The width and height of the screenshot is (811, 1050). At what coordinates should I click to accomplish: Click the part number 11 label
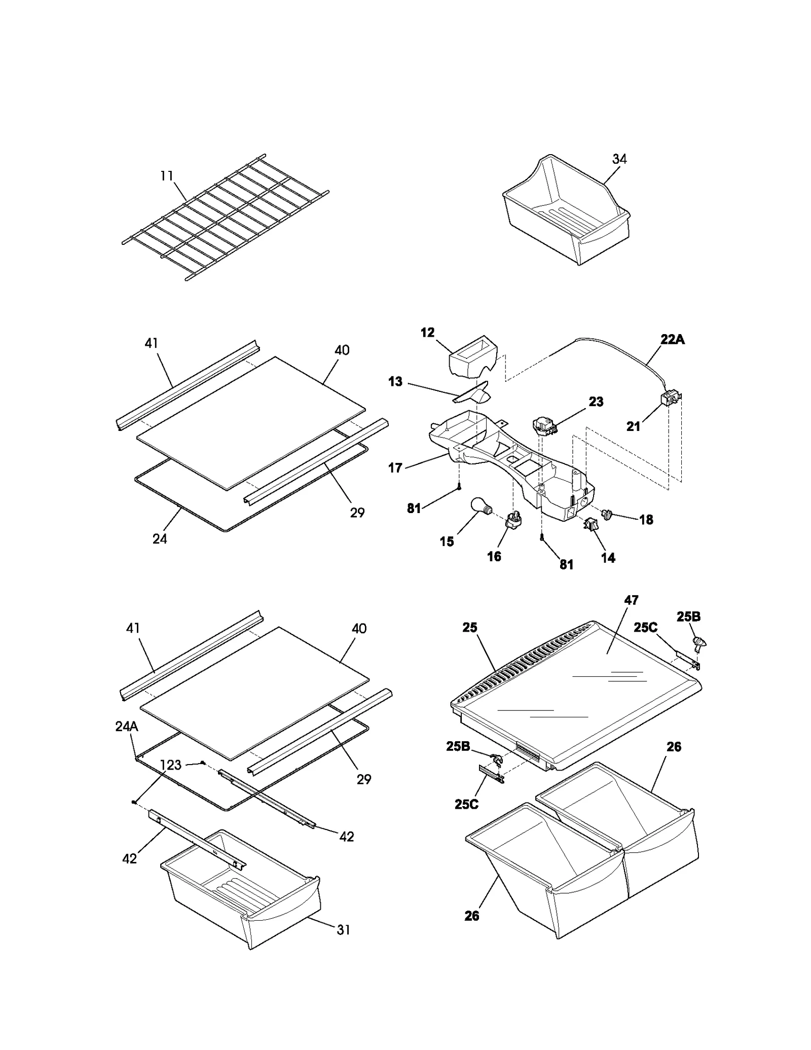coord(167,176)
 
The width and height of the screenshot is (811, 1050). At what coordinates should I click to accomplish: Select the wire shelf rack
coord(226,218)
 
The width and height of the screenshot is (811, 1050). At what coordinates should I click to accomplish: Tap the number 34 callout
coord(619,159)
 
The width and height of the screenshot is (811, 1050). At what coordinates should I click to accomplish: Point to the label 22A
coord(672,340)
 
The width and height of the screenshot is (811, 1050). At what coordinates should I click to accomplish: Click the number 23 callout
coord(596,402)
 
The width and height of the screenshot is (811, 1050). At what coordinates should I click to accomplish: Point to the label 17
coord(395,468)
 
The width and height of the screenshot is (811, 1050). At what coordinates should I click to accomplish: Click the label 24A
coord(126,727)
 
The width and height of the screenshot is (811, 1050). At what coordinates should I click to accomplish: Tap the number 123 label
coord(171,765)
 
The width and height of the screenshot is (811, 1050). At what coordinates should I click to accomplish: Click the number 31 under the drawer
coord(343,930)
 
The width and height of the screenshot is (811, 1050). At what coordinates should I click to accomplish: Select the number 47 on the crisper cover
coord(631,600)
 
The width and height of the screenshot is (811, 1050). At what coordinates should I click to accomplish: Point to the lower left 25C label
coord(466,805)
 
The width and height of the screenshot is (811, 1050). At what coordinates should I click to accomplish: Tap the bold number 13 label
coord(395,382)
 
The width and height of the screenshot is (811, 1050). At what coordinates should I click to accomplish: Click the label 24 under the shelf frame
coord(160,539)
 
